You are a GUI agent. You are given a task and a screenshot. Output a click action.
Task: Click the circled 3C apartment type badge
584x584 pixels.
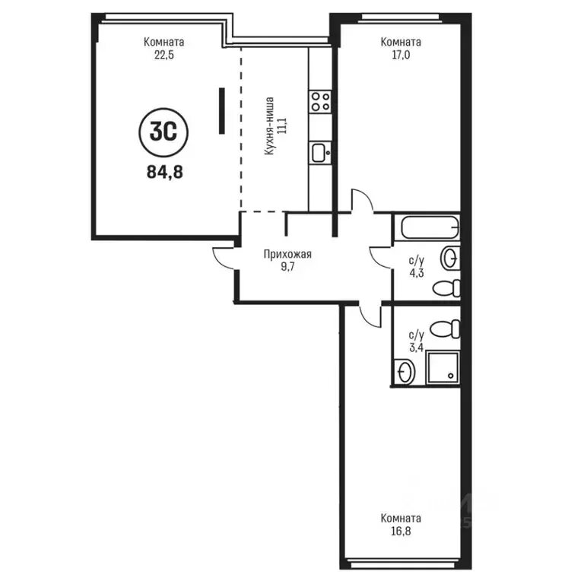coord(163,132)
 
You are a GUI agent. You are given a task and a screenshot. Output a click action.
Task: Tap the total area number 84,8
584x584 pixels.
coord(164,172)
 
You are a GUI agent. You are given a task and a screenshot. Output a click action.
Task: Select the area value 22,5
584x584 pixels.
coord(164,55)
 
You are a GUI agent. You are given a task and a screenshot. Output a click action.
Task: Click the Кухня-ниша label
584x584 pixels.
coord(269,126)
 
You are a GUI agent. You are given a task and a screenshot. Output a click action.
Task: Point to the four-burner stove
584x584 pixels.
coord(320,102)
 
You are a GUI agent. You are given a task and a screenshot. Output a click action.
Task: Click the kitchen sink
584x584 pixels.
coord(320,153)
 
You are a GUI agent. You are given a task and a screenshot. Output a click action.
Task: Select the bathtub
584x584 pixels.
coord(430,227)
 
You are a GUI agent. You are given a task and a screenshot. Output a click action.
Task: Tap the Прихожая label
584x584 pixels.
coord(287,255)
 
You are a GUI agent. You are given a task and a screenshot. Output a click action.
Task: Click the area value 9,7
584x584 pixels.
coord(288,267)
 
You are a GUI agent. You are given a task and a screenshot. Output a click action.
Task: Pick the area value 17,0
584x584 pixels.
coord(401,55)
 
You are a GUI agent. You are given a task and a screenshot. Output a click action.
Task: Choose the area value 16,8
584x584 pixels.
coord(401,531)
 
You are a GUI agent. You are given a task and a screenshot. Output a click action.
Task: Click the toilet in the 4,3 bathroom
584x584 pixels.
coord(446,288)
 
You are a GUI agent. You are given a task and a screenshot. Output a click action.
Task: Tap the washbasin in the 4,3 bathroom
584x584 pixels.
coord(450,258)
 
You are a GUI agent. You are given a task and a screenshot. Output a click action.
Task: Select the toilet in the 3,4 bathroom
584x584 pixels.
coord(445,328)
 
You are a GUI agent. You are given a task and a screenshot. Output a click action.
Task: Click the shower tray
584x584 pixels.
coord(443,367)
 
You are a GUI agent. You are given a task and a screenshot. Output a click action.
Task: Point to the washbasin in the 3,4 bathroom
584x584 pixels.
coord(404,372)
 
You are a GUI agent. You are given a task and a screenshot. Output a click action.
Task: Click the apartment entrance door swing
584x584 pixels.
coord(224,258)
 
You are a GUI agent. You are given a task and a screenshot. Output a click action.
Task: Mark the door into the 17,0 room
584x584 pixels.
coord(362,201)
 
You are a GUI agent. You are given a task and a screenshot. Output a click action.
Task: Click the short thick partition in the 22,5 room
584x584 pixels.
coord(221,110)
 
